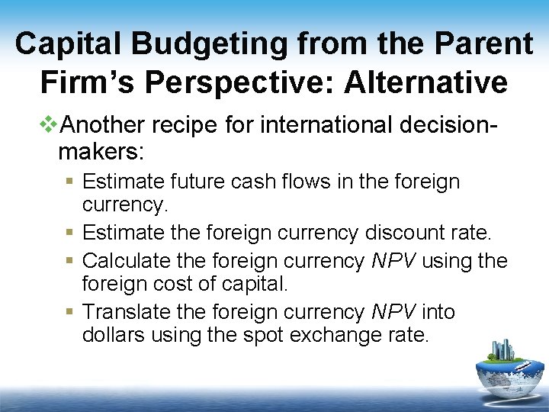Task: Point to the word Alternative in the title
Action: click(x=425, y=82)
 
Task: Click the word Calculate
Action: click(x=126, y=261)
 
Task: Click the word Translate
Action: click(x=126, y=311)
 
